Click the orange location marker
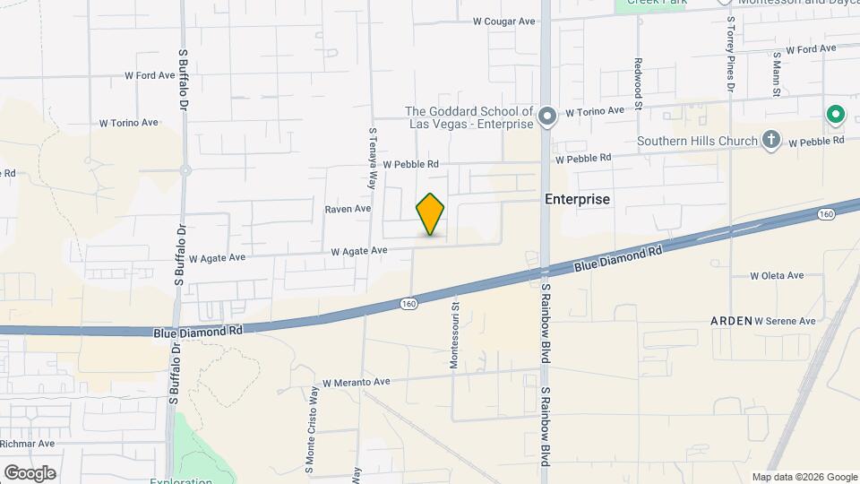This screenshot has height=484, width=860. (430, 214)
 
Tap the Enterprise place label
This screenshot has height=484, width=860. (578, 199)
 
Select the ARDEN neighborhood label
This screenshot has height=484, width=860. (731, 320)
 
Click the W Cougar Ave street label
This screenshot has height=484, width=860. (503, 21)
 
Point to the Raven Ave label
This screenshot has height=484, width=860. (348, 209)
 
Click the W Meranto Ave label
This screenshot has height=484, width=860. (357, 382)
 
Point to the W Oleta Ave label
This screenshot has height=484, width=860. (777, 276)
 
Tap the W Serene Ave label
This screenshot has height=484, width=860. (785, 321)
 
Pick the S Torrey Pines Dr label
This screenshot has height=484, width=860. (730, 54)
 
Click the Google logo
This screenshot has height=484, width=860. (30, 472)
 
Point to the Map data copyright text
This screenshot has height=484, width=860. (804, 477)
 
